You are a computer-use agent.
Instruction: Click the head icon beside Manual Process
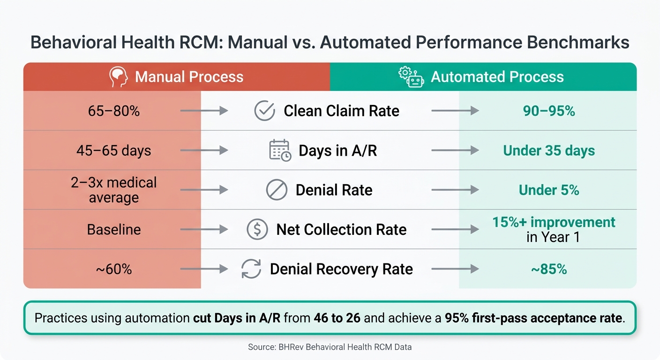pyautogui.click(x=119, y=76)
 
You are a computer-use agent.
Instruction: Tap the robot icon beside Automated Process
pyautogui.click(x=411, y=77)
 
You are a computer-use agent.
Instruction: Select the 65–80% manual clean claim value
pyautogui.click(x=114, y=111)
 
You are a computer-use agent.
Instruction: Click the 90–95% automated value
pyautogui.click(x=548, y=111)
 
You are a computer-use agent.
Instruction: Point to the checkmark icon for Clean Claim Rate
pyautogui.click(x=264, y=111)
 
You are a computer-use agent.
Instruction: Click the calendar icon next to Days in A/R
pyautogui.click(x=280, y=150)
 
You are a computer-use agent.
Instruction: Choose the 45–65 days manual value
pyautogui.click(x=114, y=150)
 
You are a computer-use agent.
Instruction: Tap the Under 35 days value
pyautogui.click(x=548, y=150)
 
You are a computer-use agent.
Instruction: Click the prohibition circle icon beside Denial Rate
pyautogui.click(x=277, y=190)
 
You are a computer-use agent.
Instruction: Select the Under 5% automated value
pyautogui.click(x=548, y=190)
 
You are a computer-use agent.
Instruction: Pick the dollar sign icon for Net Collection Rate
pyautogui.click(x=257, y=229)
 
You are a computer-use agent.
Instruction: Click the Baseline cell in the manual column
pyautogui.click(x=114, y=230)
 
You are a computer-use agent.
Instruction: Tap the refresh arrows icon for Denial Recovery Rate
pyautogui.click(x=251, y=269)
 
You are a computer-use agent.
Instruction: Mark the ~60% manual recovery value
pyautogui.click(x=114, y=269)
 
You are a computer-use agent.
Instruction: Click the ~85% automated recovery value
pyautogui.click(x=548, y=269)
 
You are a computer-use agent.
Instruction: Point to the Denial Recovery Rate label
pyautogui.click(x=341, y=269)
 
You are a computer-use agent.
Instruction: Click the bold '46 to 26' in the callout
pyautogui.click(x=337, y=318)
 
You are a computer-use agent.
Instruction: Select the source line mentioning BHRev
pyautogui.click(x=330, y=347)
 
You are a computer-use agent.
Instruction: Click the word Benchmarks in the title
pyautogui.click(x=578, y=42)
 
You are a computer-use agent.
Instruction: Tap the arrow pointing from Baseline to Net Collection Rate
pyautogui.click(x=204, y=229)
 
